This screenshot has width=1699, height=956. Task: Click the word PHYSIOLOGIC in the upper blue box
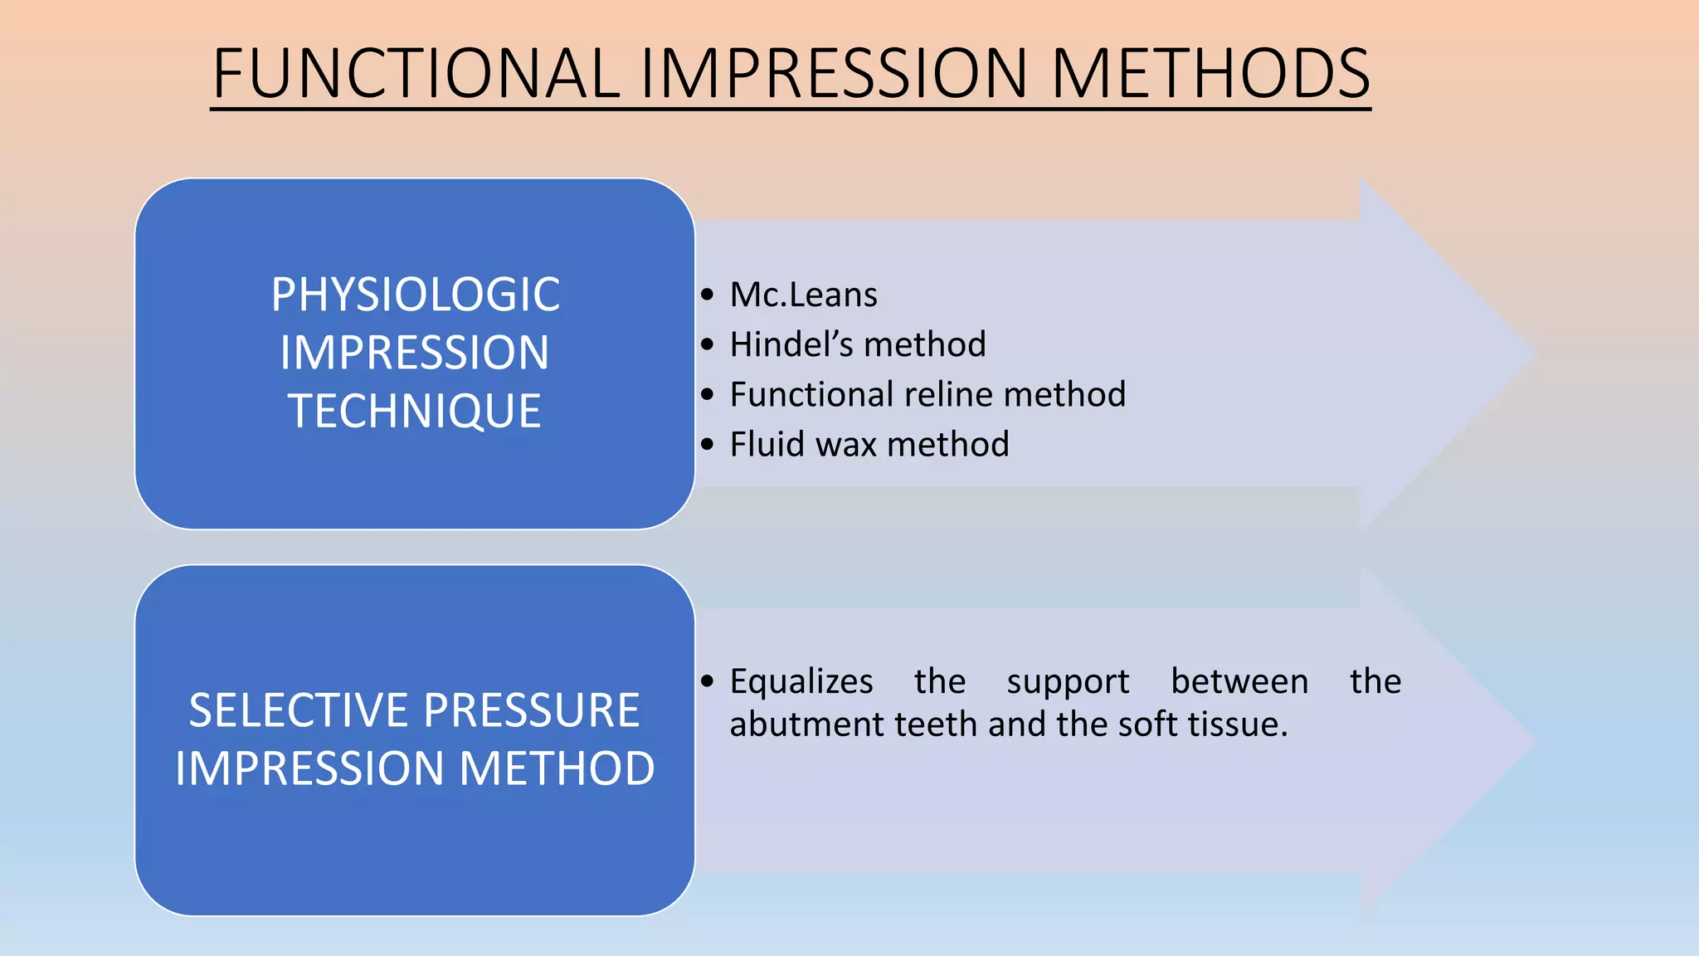click(x=415, y=295)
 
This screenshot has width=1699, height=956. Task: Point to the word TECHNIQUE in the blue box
click(x=415, y=411)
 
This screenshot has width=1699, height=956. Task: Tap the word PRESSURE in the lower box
click(x=532, y=710)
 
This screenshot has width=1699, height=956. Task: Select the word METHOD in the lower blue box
click(x=557, y=768)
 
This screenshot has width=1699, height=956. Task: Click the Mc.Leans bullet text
click(x=803, y=295)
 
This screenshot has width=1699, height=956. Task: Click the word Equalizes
click(x=801, y=682)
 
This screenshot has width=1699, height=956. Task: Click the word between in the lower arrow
click(x=1239, y=681)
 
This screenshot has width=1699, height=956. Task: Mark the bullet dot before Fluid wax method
click(x=707, y=445)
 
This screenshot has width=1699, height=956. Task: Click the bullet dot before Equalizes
click(x=707, y=682)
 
